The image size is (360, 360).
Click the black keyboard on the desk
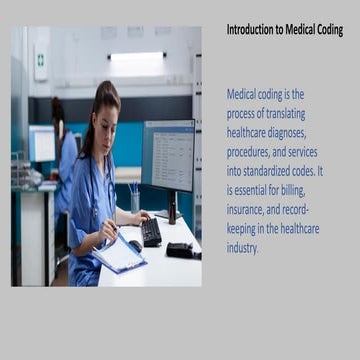coord(151,231)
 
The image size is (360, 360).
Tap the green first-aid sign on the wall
coord(41,60)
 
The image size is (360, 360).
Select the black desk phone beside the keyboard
coord(181,248)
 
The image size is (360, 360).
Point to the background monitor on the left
coord(43,143)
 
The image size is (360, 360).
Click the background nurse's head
coord(57,110)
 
